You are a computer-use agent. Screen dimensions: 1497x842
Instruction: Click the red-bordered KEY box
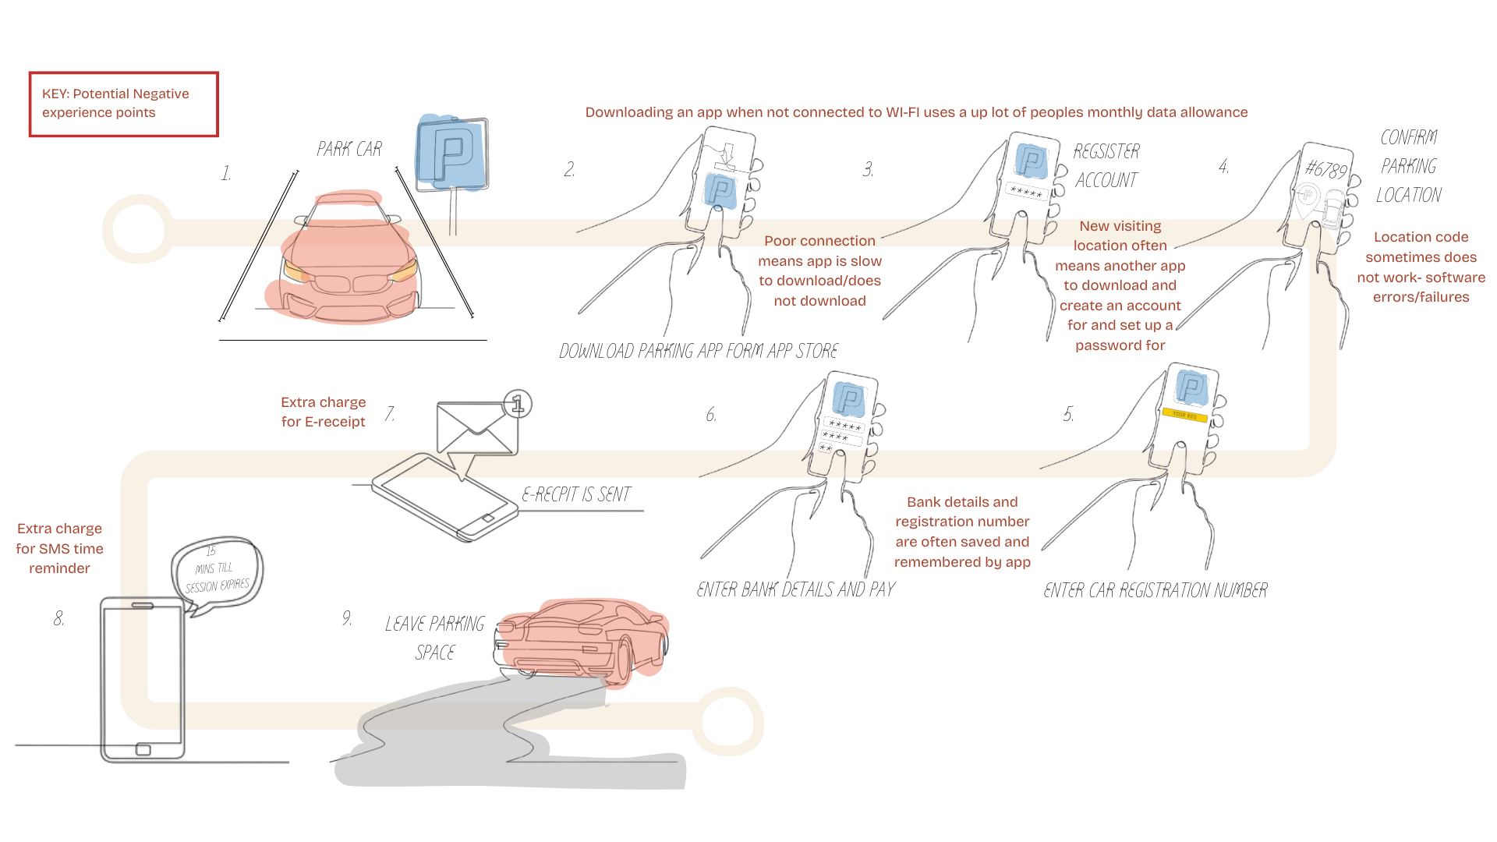click(123, 104)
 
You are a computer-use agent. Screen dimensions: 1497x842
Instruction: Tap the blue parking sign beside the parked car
click(451, 154)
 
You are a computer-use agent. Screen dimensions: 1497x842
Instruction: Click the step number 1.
click(226, 173)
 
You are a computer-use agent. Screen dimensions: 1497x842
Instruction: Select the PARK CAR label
click(349, 149)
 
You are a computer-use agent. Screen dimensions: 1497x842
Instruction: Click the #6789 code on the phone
click(1325, 169)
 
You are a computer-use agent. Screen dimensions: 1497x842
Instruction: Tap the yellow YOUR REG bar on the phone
click(1184, 415)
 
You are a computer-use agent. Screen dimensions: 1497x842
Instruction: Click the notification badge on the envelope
click(518, 404)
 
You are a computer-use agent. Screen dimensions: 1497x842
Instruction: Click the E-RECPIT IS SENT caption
click(576, 494)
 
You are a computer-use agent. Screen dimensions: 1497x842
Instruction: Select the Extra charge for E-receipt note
click(323, 412)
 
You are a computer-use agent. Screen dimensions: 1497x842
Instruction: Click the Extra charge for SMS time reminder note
click(59, 548)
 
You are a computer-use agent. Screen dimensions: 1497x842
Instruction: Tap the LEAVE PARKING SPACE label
click(434, 638)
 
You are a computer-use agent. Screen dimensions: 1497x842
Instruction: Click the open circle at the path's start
click(138, 229)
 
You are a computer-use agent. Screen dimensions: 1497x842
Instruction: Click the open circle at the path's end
click(727, 721)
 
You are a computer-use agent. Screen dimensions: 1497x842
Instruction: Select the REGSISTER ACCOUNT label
click(1106, 165)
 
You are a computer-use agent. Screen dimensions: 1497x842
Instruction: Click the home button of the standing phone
click(143, 749)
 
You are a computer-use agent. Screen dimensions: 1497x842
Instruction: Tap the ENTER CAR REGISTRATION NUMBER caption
click(1155, 590)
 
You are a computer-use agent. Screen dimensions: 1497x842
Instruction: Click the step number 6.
click(711, 415)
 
